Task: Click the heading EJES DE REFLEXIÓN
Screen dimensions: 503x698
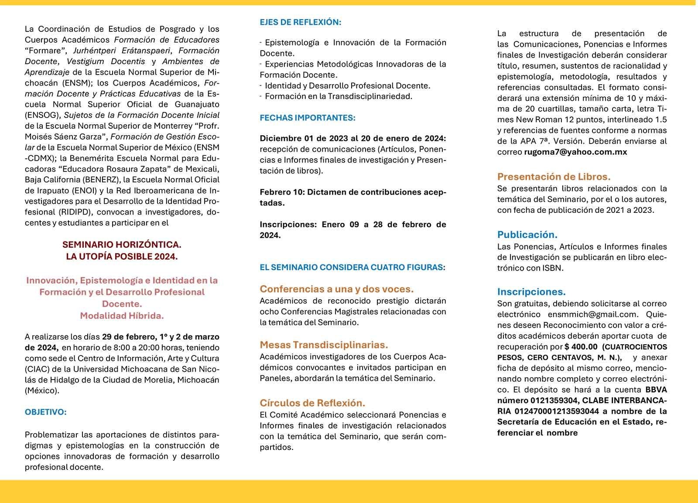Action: (x=301, y=22)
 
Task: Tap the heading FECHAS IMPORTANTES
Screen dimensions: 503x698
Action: (x=308, y=118)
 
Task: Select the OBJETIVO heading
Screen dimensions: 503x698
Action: (x=46, y=412)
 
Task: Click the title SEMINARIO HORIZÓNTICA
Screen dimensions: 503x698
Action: (x=122, y=245)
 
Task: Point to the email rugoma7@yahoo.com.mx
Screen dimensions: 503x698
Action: (x=575, y=152)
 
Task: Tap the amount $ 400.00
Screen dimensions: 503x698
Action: (x=581, y=347)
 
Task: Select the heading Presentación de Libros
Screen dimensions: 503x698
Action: (x=554, y=177)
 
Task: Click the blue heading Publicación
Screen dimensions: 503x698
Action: (x=527, y=235)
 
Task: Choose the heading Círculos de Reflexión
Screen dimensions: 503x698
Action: (x=312, y=403)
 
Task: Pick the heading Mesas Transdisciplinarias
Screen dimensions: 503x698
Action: (x=324, y=345)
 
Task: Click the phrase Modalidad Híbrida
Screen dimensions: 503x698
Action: (x=122, y=315)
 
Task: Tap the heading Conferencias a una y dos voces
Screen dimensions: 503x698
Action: (x=337, y=289)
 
